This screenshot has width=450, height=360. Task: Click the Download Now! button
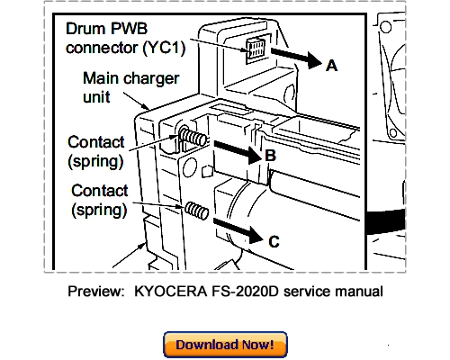click(225, 345)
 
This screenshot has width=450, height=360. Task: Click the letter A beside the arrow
click(331, 66)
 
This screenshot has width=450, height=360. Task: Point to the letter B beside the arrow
click(270, 156)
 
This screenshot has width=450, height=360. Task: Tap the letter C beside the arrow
click(274, 241)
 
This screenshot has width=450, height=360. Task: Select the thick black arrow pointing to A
click(296, 58)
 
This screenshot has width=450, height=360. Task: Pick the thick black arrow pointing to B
click(238, 151)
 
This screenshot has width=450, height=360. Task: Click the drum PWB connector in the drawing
click(256, 48)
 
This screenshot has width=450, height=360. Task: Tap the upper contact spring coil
click(193, 137)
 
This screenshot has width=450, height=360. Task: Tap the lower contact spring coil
click(196, 210)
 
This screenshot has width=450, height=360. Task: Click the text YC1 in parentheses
click(164, 48)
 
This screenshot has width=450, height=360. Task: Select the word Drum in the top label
click(85, 29)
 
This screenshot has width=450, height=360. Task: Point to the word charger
click(151, 79)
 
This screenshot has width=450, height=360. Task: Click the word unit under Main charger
click(96, 97)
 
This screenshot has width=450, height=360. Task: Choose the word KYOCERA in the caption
click(170, 292)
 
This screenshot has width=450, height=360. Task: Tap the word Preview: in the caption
click(96, 292)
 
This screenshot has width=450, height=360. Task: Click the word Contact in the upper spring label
click(96, 142)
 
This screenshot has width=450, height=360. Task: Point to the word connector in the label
click(102, 48)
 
